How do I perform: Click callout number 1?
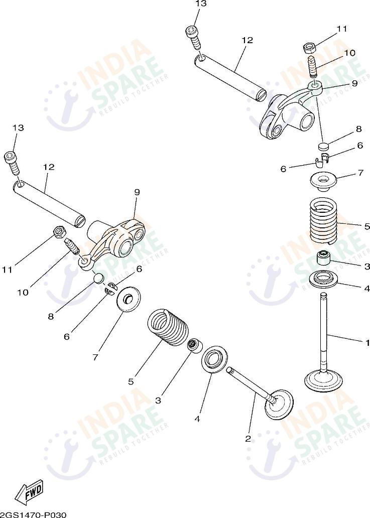click(x=367, y=342)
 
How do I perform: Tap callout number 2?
click(x=248, y=438)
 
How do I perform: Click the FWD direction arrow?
click(x=29, y=492)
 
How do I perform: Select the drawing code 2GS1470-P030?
click(x=33, y=514)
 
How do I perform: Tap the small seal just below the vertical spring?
click(x=324, y=259)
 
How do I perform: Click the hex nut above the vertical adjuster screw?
click(x=310, y=48)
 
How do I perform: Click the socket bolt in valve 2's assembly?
click(x=12, y=162)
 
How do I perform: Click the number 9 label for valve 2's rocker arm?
click(x=137, y=192)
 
